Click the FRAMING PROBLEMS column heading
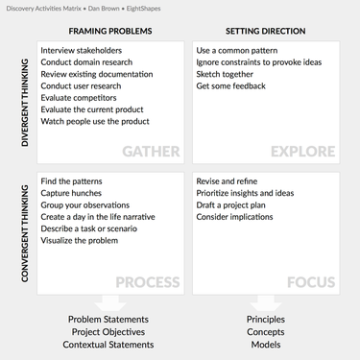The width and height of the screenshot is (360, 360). (x=110, y=31)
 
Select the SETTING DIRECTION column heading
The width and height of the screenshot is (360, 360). (x=265, y=31)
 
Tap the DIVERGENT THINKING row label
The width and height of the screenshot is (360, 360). (x=25, y=103)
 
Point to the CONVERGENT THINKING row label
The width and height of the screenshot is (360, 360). (x=25, y=233)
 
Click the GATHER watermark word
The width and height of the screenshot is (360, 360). (x=151, y=152)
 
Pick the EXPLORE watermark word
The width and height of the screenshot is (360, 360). (x=302, y=152)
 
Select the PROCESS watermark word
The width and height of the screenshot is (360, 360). (x=148, y=282)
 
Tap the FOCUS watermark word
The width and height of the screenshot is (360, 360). (x=311, y=282)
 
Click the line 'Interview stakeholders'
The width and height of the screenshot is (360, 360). (x=82, y=50)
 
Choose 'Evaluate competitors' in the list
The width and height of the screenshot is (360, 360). (x=79, y=98)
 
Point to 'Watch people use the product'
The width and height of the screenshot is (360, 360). (x=95, y=121)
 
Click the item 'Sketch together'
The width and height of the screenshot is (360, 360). (x=225, y=74)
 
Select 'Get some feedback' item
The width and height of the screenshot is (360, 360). (x=230, y=85)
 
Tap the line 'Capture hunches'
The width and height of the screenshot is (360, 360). (x=71, y=193)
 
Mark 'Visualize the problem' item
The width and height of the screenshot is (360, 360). (x=80, y=240)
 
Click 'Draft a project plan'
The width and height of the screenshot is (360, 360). (x=230, y=204)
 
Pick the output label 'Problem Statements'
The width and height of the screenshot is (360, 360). (x=108, y=319)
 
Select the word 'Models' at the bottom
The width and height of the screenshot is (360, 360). (x=266, y=345)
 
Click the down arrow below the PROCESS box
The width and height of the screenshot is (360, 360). (x=110, y=303)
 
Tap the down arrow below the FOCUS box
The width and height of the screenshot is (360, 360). (x=266, y=303)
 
